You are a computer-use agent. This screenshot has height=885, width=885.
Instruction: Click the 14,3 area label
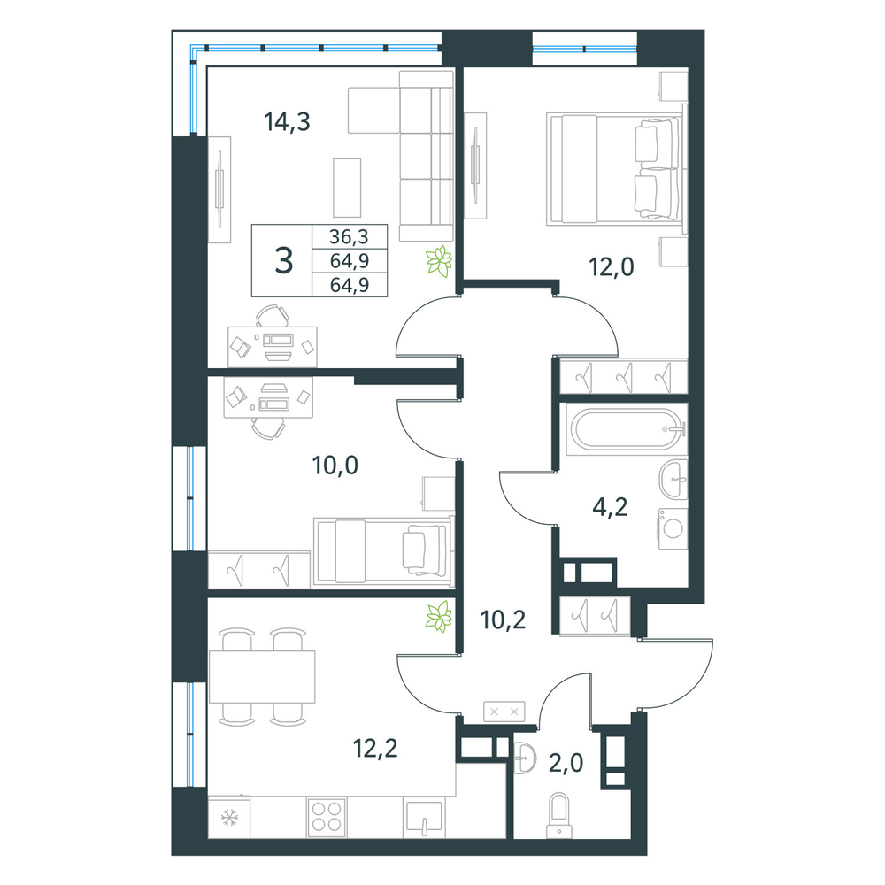(x=287, y=121)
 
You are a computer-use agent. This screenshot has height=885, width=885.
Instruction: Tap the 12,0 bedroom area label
(x=612, y=266)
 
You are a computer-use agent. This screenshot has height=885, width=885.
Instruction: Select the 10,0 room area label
(x=335, y=466)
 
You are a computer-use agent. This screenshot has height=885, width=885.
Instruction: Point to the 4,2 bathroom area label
(x=610, y=507)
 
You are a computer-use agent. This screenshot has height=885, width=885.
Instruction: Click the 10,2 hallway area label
(x=503, y=619)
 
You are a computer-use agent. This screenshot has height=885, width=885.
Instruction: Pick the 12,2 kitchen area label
(x=375, y=749)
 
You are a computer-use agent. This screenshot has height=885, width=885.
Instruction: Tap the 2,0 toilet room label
(x=566, y=763)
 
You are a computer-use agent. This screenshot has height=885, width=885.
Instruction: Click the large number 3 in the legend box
(x=283, y=261)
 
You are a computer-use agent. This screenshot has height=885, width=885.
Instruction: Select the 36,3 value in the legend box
(x=349, y=236)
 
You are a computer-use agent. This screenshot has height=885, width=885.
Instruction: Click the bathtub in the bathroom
(x=627, y=429)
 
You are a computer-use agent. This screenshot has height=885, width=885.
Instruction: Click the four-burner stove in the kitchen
(x=327, y=817)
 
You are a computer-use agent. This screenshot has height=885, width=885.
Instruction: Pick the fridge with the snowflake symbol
(x=229, y=817)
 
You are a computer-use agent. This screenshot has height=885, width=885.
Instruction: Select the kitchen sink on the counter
(x=423, y=817)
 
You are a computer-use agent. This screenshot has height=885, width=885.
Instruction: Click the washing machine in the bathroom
(x=673, y=528)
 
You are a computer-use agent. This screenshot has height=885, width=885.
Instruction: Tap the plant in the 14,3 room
(x=439, y=261)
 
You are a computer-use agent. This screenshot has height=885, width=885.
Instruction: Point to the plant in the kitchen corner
(x=439, y=616)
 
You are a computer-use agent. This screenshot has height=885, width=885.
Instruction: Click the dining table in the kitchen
(x=262, y=676)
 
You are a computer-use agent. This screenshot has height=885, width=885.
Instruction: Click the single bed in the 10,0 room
(x=384, y=550)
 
